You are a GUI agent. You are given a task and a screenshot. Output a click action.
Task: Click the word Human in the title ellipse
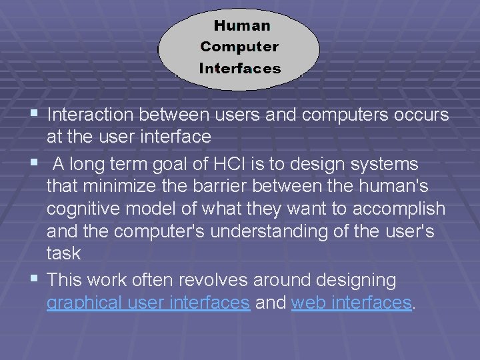point(242,26)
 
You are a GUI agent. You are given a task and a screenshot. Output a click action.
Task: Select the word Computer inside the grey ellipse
point(239,47)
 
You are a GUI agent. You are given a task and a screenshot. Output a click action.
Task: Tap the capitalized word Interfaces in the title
point(240,68)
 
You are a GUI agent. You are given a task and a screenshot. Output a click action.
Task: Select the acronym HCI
point(221,164)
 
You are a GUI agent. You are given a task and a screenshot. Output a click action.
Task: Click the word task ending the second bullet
point(63,254)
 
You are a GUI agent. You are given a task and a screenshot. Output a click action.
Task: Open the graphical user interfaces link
point(148,303)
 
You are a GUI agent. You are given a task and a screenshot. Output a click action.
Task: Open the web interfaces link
point(351,303)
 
